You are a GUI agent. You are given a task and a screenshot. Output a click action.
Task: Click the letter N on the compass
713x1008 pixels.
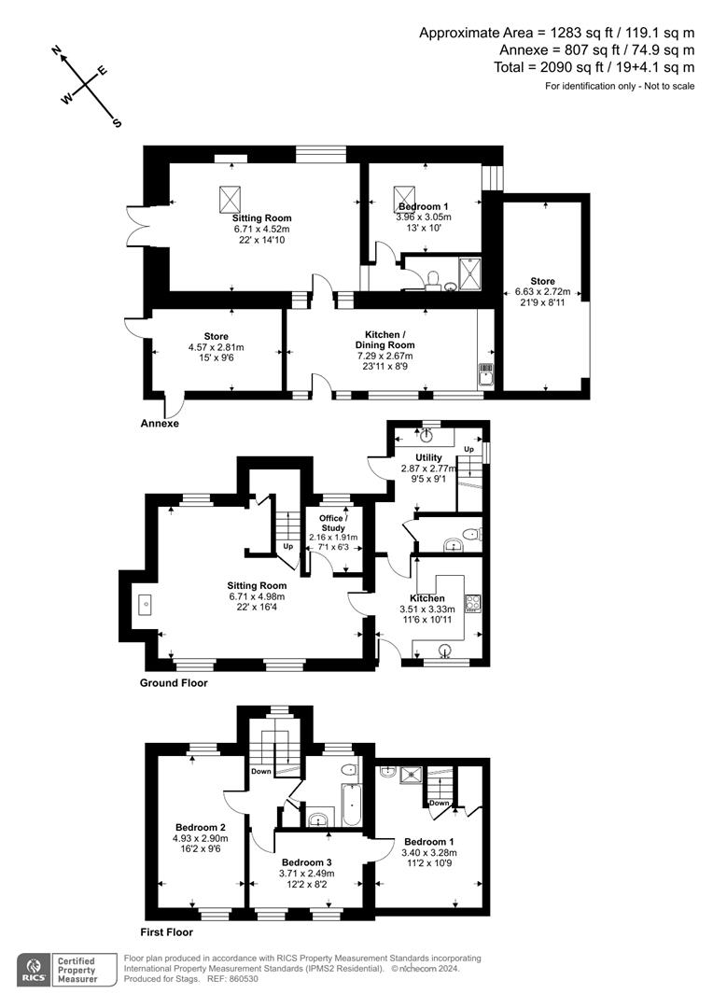57,52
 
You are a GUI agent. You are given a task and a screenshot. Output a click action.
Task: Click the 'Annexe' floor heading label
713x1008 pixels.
159,423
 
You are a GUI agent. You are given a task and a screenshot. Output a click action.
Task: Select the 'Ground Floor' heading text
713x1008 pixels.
174,682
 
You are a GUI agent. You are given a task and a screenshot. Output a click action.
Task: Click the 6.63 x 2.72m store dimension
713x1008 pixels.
543,292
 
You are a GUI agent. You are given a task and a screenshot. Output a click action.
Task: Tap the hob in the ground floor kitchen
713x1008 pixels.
472,602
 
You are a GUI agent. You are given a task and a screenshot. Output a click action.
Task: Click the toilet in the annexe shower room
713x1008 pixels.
432,279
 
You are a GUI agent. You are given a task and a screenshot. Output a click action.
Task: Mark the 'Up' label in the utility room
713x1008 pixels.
469,450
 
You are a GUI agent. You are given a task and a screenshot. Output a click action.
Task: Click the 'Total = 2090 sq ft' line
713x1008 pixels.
594,67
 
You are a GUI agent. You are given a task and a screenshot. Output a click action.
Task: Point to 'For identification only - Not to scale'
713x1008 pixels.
620,86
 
